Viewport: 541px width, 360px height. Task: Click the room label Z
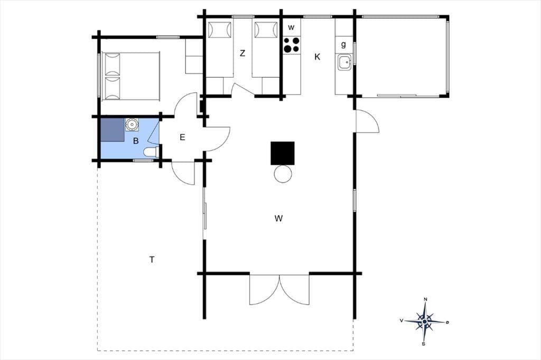click(x=242, y=53)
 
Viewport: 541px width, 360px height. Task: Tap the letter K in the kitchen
click(x=317, y=57)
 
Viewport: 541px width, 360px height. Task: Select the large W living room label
click(x=279, y=219)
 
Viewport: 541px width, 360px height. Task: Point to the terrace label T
click(x=152, y=260)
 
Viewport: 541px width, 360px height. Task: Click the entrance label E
click(x=182, y=137)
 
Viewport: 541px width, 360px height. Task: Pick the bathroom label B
click(x=136, y=141)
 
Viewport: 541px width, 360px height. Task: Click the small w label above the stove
click(x=291, y=27)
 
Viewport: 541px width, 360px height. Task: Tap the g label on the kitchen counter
click(x=343, y=44)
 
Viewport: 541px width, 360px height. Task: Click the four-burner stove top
click(x=292, y=45)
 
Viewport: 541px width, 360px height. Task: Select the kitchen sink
click(x=344, y=63)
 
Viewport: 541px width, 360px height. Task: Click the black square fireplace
click(x=283, y=153)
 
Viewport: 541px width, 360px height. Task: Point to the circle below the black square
click(x=283, y=174)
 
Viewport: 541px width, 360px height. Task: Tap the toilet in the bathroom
click(x=151, y=152)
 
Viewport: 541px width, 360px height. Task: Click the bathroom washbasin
click(x=132, y=125)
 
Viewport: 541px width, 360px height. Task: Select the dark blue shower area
click(x=113, y=130)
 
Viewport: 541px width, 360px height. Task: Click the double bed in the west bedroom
click(x=131, y=76)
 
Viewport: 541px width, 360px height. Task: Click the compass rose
click(x=425, y=321)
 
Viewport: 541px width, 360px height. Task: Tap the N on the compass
click(x=425, y=299)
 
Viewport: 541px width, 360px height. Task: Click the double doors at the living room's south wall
click(x=279, y=290)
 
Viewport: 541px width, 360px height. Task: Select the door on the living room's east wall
click(x=368, y=121)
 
